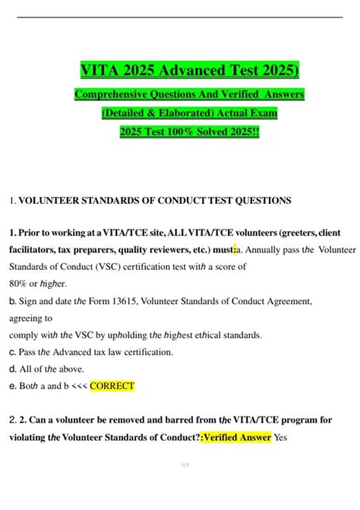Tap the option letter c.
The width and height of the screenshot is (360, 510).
(x=11, y=352)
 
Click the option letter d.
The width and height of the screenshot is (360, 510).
(x=11, y=369)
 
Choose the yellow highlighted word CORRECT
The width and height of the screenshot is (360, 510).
(x=112, y=385)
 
